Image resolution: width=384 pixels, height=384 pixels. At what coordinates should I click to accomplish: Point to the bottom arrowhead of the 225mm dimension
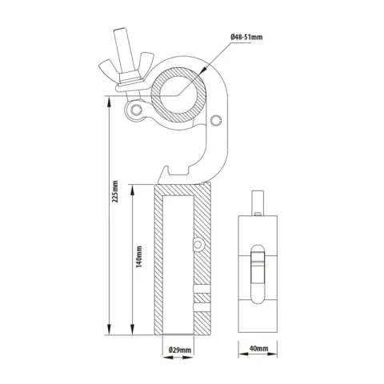tap(107, 330)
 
